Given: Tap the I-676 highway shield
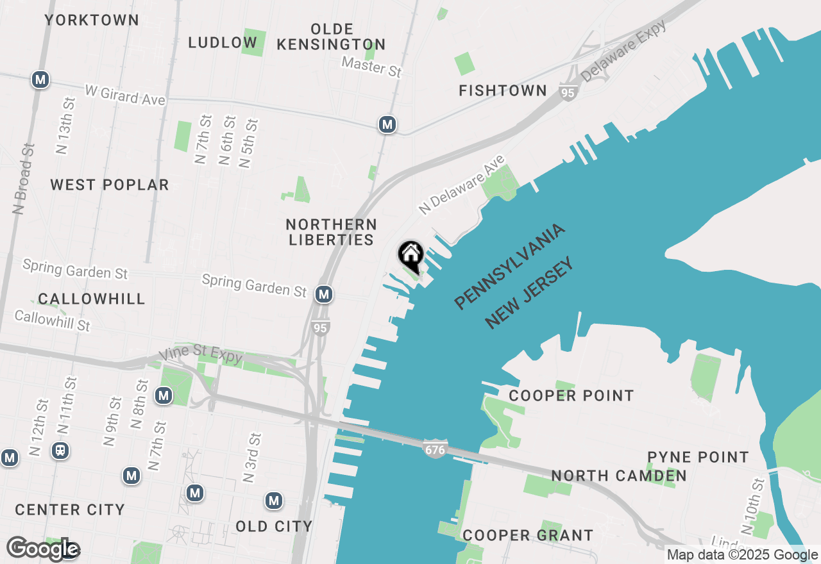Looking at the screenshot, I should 434,449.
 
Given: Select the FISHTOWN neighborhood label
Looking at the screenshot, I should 503,91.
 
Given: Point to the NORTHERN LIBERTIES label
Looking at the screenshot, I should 332,232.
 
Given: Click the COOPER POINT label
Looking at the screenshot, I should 571,396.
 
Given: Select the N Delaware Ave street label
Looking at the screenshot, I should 462,185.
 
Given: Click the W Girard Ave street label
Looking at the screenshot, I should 125,96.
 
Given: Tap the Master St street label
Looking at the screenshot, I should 372,66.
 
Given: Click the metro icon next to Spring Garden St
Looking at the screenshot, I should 324,294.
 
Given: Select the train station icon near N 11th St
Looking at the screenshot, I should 61,451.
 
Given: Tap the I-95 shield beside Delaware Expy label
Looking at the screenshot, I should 568,92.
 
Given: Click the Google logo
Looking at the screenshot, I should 43,549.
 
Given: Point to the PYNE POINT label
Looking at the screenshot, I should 698,458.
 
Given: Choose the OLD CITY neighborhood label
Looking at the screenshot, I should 274,527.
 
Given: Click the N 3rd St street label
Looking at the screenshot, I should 251,458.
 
